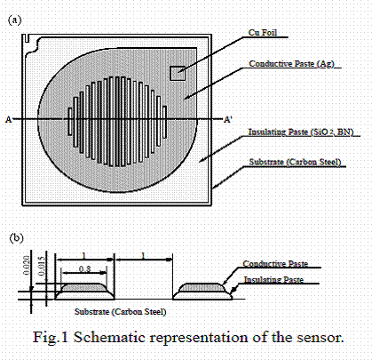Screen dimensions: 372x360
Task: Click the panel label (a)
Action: (14, 20)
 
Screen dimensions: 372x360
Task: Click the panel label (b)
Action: (16, 238)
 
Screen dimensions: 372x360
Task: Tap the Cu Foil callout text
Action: (263, 32)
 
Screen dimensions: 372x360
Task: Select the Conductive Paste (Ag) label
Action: (291, 64)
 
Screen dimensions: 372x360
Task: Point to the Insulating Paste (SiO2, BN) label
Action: (301, 132)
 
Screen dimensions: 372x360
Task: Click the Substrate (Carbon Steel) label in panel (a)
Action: (295, 162)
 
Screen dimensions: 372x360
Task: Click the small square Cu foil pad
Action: (178, 73)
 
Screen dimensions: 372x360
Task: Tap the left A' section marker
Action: (9, 120)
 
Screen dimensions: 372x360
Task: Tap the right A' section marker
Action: (228, 120)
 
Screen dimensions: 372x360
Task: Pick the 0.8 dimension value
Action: (84, 269)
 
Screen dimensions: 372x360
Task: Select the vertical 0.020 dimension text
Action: (27, 266)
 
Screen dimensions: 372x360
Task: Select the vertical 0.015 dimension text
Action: (43, 266)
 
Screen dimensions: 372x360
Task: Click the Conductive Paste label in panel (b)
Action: (275, 264)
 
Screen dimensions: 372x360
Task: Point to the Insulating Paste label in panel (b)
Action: (273, 280)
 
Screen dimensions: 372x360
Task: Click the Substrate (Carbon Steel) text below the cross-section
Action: (120, 312)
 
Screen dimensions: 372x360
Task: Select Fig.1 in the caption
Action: (51, 338)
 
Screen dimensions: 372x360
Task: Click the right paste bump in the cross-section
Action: (202, 292)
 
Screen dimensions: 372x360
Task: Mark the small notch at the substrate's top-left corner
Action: (27, 38)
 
